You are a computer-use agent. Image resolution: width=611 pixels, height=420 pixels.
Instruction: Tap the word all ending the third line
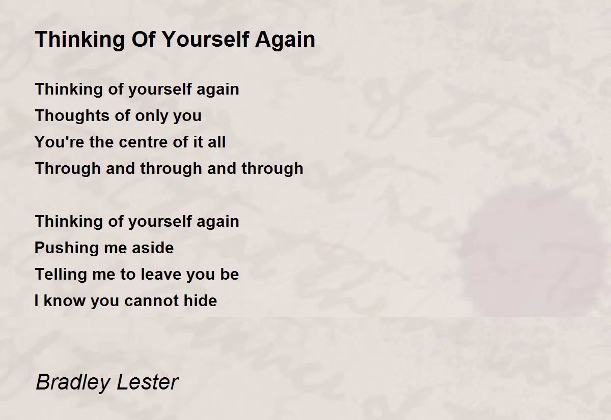pos(216,142)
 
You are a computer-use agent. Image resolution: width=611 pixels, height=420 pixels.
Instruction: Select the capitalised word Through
pos(68,168)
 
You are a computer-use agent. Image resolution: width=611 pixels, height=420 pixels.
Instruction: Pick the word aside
pos(152,248)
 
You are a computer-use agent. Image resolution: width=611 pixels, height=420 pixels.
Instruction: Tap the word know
pos(65,301)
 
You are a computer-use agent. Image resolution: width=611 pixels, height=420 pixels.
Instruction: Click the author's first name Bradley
pos(69,382)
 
